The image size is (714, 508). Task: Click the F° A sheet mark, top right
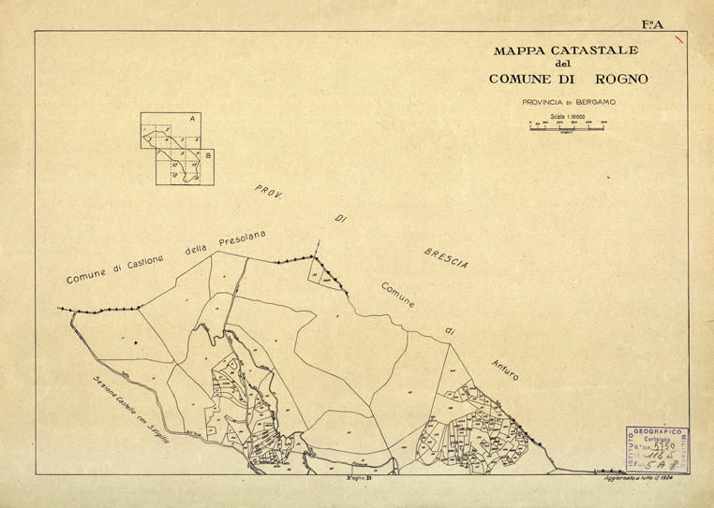(652, 25)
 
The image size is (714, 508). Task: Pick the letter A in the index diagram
(191, 120)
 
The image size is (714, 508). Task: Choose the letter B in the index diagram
(208, 155)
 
